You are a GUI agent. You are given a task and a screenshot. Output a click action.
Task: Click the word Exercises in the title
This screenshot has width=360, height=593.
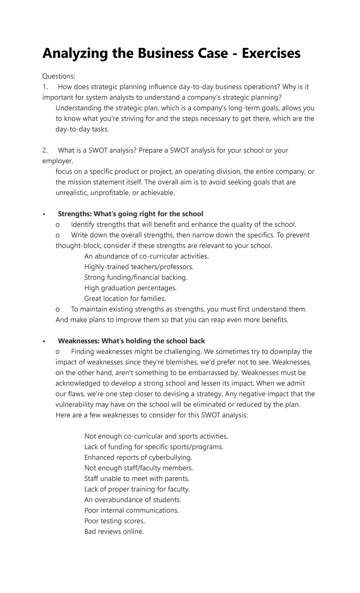pyautogui.click(x=271, y=53)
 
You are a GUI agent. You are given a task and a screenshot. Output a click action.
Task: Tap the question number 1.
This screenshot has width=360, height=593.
pyautogui.click(x=45, y=87)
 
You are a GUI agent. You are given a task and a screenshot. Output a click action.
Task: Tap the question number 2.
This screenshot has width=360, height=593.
pyautogui.click(x=45, y=150)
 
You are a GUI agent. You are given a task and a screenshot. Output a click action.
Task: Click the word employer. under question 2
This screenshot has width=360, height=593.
pyautogui.click(x=58, y=161)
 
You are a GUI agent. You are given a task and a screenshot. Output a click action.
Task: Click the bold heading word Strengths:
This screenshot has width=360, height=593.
pyautogui.click(x=75, y=214)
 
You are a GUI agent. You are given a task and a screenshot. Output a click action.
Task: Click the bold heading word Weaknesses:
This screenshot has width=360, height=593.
pyautogui.click(x=79, y=341)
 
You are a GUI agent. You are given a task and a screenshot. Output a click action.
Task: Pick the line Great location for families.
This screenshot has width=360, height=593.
pyautogui.click(x=125, y=299)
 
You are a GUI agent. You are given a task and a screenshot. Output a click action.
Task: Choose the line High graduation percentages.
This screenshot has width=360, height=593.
pyautogui.click(x=130, y=288)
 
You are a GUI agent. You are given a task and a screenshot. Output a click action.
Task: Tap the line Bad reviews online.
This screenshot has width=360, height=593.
pyautogui.click(x=114, y=531)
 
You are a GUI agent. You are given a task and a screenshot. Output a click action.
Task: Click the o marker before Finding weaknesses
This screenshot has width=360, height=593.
pyautogui.click(x=58, y=352)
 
